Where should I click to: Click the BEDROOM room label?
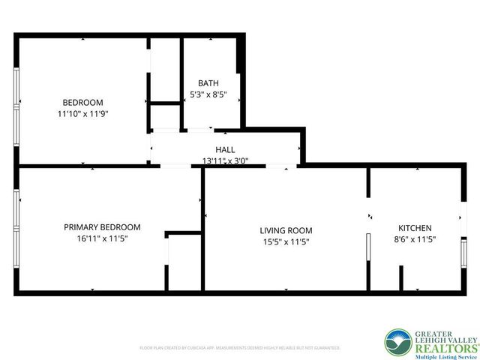pos(82,102)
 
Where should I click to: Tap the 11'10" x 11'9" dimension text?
pos(82,114)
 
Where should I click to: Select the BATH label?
pos(208,83)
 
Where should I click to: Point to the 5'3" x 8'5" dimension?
pos(208,95)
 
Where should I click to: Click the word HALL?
pos(225,149)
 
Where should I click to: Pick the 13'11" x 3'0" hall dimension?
pos(225,160)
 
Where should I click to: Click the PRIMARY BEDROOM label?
pos(102,227)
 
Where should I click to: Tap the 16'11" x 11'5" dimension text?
pos(102,239)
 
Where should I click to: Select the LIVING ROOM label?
pos(286,230)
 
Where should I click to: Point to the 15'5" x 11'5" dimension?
pos(286,242)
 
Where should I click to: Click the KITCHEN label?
pos(415,227)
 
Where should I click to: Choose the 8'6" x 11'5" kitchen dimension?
pos(415,239)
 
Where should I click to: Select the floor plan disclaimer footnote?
pos(240,348)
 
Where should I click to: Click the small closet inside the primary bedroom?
pos(184,262)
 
